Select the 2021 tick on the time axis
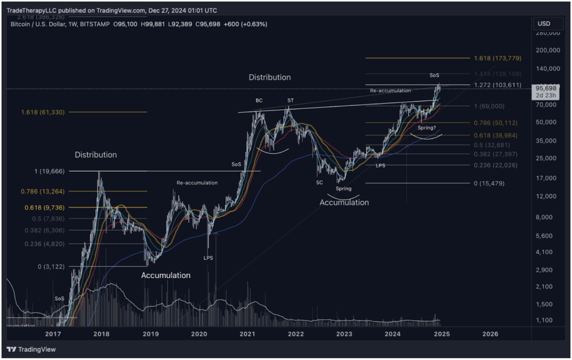[247, 334]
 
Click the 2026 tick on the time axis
[490, 334]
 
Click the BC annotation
[259, 101]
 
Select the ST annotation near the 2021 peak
[290, 101]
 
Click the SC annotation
[319, 183]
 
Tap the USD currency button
[544, 23]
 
